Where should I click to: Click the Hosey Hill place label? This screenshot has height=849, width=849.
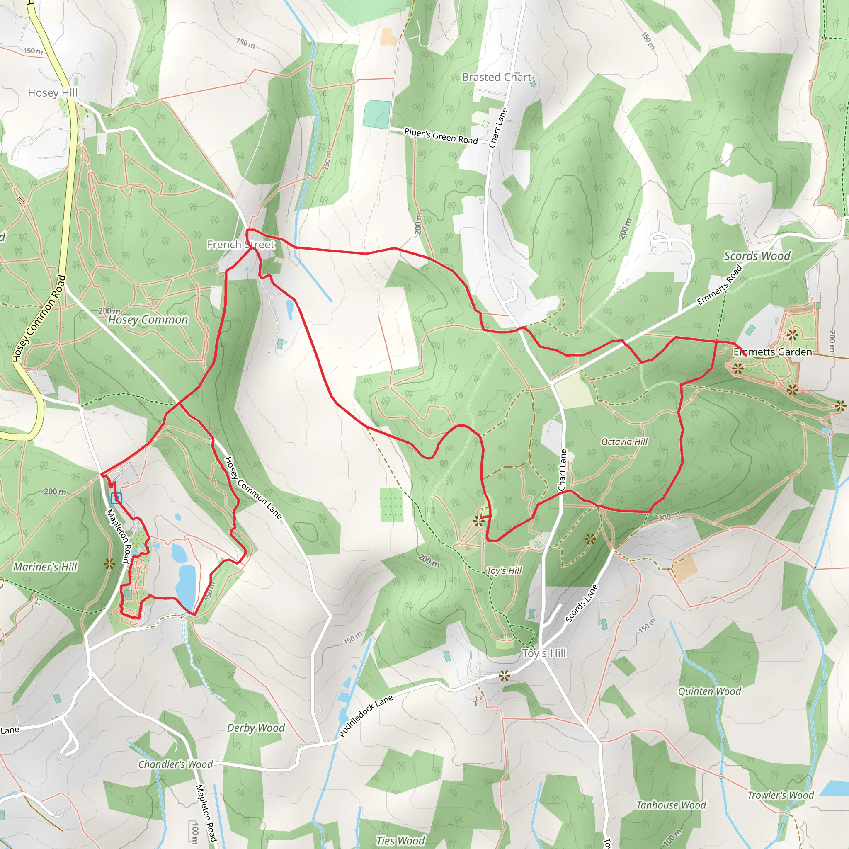click(x=52, y=93)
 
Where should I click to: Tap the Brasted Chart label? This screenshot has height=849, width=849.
click(x=497, y=78)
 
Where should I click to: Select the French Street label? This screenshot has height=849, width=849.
click(x=241, y=244)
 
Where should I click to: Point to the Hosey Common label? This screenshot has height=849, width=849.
click(x=148, y=320)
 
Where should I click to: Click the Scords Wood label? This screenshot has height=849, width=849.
click(x=757, y=256)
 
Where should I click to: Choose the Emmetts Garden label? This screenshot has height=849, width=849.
click(x=773, y=352)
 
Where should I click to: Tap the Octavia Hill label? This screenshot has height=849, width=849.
click(x=624, y=441)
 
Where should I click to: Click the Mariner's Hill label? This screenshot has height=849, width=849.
click(x=45, y=567)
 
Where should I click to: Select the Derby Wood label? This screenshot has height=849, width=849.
click(x=256, y=728)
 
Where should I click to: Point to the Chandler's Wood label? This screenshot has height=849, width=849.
click(x=175, y=764)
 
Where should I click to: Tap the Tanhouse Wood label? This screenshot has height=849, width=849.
click(x=671, y=805)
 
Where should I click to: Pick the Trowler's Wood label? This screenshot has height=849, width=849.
click(x=781, y=795)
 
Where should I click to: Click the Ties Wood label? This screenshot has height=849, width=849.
click(x=400, y=840)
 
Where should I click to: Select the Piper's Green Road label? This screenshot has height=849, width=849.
click(x=441, y=136)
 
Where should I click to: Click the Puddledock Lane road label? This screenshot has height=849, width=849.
click(x=366, y=716)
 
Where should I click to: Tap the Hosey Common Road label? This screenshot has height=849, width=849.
click(x=39, y=319)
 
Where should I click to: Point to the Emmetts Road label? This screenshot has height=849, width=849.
click(x=719, y=285)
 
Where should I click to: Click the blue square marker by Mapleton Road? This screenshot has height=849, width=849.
click(x=116, y=498)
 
